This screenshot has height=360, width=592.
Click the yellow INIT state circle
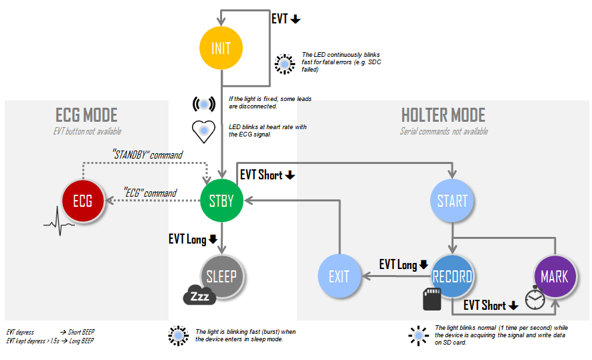point(221,49)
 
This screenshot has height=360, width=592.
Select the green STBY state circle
point(221,200)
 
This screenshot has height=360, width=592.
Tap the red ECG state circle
point(82,200)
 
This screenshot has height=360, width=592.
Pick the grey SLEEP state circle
point(221,275)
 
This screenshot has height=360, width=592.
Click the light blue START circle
point(452,200)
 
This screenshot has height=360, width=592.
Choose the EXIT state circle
point(339,276)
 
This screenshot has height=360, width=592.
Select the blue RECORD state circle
point(452,276)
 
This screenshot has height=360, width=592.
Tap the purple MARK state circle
point(555,276)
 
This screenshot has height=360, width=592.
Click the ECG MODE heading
point(86,115)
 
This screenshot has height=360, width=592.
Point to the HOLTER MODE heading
point(443,115)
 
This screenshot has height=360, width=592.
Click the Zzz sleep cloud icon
point(199,295)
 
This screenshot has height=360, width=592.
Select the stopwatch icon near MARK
point(535,299)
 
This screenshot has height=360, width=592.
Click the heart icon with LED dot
point(203,130)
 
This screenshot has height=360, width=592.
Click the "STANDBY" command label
point(146,155)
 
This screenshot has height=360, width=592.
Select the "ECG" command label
point(151,193)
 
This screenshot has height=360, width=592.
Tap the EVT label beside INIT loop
point(286,19)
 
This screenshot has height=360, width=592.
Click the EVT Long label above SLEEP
point(193,239)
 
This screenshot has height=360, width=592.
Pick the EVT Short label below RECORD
point(491,305)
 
